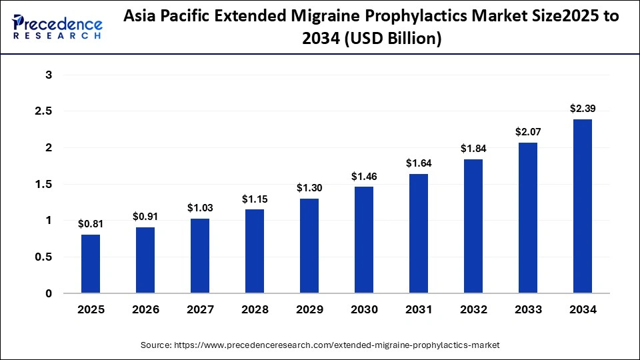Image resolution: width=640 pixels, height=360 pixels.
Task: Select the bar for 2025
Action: click(91, 264)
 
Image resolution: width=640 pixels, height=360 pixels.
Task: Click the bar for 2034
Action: click(583, 207)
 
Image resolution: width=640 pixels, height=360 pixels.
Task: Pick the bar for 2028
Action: click(255, 251)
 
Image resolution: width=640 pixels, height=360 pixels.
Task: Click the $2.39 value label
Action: click(583, 108)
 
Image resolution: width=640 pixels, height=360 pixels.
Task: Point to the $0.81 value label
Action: click(91, 223)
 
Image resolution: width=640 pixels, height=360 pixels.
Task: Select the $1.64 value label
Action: click(419, 163)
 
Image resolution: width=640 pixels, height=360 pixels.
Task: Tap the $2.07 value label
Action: click(528, 131)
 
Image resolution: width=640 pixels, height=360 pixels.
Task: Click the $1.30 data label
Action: click(309, 187)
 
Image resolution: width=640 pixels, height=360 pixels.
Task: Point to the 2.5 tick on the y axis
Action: click(43, 111)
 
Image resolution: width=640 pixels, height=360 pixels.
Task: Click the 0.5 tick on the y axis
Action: click(43, 257)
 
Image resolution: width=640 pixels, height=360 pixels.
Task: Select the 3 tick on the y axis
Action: click(49, 75)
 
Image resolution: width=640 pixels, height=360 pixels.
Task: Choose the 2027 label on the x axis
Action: click(200, 310)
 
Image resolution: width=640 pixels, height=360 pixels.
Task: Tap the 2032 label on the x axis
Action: click(473, 310)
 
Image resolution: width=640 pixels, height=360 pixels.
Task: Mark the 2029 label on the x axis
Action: click(309, 310)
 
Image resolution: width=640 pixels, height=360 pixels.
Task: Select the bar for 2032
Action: click(473, 227)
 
